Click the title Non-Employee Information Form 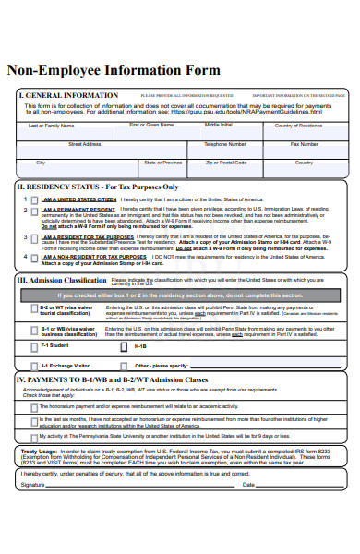[114, 70]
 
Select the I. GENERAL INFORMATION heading [68, 95]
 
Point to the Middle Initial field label [219, 125]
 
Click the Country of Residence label [297, 125]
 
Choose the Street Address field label [86, 144]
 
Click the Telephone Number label [224, 144]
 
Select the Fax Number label [305, 144]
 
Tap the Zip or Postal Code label [226, 163]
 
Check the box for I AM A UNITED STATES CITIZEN [34, 199]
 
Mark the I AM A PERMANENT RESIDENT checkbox [34, 211]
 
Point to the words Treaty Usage [39, 452]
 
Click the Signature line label [33, 484]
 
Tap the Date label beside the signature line [247, 484]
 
